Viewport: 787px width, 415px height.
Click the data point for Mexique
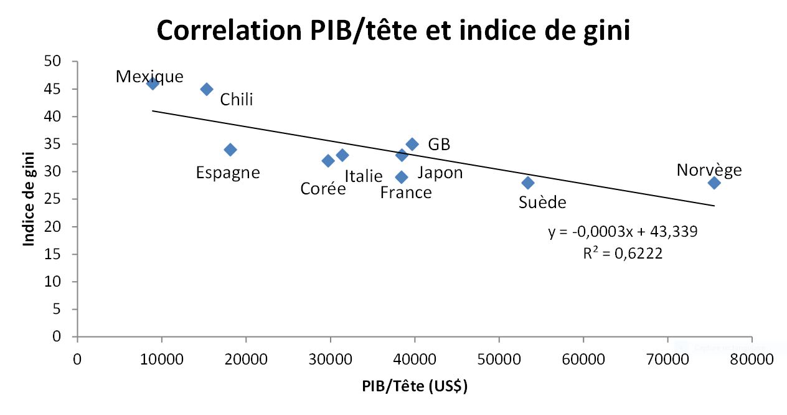coord(153,83)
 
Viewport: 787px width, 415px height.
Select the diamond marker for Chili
coord(207,89)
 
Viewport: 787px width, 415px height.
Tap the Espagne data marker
coord(230,150)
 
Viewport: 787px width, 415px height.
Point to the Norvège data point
coord(714,183)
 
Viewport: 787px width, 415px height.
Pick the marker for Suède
coord(528,183)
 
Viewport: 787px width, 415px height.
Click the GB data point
coord(412,144)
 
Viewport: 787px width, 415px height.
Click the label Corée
coord(323,188)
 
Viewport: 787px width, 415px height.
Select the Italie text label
coord(363,176)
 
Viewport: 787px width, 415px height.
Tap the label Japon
coord(440,173)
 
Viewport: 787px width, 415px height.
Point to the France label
coord(405,193)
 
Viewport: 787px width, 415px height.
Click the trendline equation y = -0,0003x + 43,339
coord(623,232)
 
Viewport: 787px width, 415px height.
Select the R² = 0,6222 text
coord(623,254)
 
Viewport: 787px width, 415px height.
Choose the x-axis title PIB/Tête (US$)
coord(415,386)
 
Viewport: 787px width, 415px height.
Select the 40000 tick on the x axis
coord(415,360)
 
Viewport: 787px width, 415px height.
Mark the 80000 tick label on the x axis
coord(752,360)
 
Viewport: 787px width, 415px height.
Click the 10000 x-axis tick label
coord(161,360)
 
